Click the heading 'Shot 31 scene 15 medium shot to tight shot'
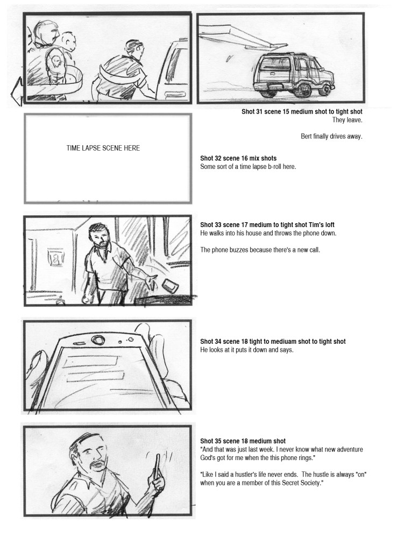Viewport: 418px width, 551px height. click(302, 112)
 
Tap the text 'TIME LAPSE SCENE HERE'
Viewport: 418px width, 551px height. click(103, 148)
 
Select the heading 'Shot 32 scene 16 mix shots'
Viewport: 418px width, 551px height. click(238, 158)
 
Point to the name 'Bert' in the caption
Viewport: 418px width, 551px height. click(306, 136)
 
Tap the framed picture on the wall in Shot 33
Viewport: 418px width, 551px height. click(55, 258)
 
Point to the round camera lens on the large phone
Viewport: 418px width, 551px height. click(97, 340)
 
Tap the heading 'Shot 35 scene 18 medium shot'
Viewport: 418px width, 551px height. click(243, 441)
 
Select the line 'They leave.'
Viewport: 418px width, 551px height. click(347, 120)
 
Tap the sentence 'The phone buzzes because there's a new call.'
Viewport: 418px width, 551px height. click(260, 250)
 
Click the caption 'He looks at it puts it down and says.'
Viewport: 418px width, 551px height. click(246, 350)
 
